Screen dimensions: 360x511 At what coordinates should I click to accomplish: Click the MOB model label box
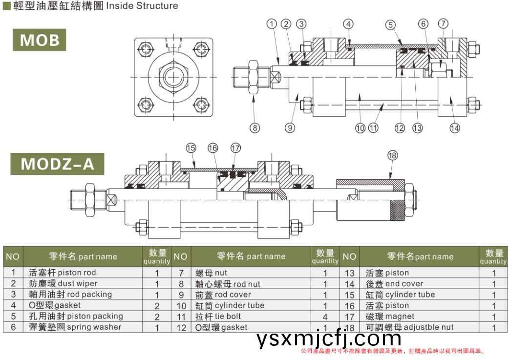(x=39, y=40)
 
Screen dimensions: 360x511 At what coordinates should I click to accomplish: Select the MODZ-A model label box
(x=57, y=164)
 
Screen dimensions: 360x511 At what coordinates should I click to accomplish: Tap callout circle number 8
(x=255, y=128)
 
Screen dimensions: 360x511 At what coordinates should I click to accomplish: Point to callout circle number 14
(x=455, y=128)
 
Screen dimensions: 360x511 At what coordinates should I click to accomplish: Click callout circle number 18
(x=392, y=156)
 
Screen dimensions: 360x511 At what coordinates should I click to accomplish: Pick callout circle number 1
(x=272, y=23)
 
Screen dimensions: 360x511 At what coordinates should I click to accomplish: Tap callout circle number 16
(x=213, y=148)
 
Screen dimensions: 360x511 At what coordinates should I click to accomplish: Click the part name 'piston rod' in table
(x=63, y=273)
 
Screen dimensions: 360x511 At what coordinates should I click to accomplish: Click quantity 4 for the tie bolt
(x=325, y=317)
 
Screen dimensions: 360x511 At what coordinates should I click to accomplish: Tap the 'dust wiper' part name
(x=64, y=283)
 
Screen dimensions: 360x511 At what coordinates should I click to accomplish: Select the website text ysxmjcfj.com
(x=328, y=338)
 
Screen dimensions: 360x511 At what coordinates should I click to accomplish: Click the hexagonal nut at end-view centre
(x=173, y=77)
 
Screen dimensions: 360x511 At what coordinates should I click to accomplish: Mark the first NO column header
(x=13, y=256)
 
